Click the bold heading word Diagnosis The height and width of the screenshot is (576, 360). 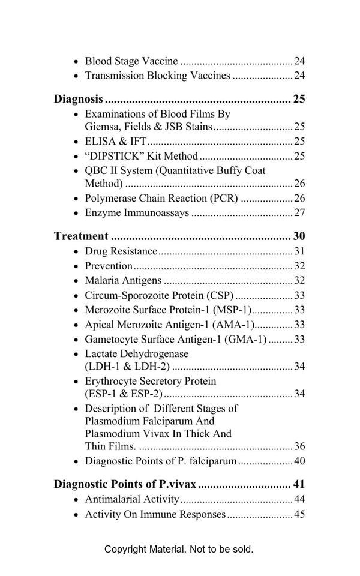pyautogui.click(x=78, y=99)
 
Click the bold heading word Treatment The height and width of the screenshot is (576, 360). pyautogui.click(x=81, y=236)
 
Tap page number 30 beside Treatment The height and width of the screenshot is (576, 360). pyautogui.click(x=299, y=236)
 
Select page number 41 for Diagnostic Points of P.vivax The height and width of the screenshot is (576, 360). pyautogui.click(x=299, y=484)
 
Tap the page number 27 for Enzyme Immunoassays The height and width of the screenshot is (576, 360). pyautogui.click(x=299, y=213)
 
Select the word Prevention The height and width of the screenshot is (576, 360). pyautogui.click(x=109, y=266)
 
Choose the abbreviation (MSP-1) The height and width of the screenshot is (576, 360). pyautogui.click(x=233, y=310)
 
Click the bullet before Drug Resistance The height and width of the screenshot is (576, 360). pyautogui.click(x=75, y=252)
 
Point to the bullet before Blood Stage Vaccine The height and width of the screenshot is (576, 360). pyautogui.click(x=75, y=62)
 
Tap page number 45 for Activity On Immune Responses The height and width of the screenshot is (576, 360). pyautogui.click(x=299, y=514)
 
